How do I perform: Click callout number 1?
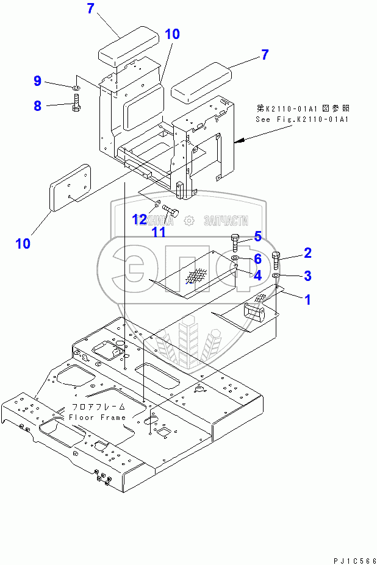click(x=308, y=299)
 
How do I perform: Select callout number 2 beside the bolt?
click(x=308, y=253)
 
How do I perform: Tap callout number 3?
click(x=308, y=276)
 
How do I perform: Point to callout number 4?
click(x=257, y=275)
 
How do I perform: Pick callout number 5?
click(x=257, y=236)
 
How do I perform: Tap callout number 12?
click(x=140, y=218)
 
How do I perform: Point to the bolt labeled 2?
click(x=276, y=261)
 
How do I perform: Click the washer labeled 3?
click(x=276, y=277)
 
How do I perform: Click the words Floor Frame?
click(x=97, y=418)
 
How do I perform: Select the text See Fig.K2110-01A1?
click(x=303, y=119)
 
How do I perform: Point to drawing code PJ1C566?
click(x=350, y=560)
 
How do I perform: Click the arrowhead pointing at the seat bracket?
click(x=239, y=141)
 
